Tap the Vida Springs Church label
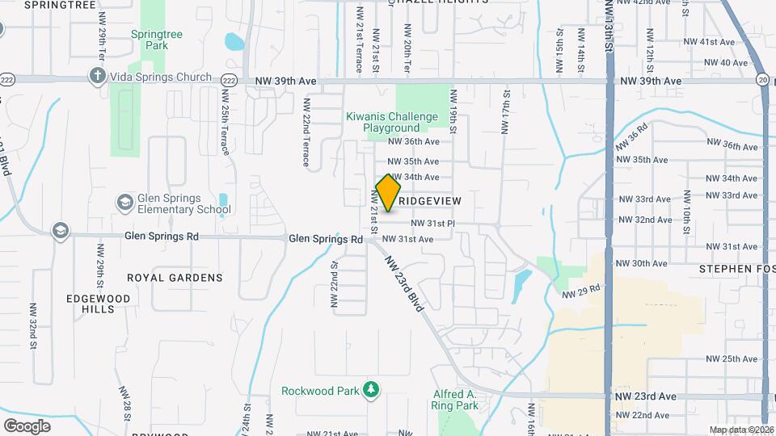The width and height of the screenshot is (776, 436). point(161,77)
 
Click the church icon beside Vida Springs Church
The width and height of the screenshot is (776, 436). point(97,77)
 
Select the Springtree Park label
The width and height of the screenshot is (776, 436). point(150,40)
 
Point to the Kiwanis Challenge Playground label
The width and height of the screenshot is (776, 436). point(392,122)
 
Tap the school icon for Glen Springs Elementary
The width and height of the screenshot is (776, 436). point(124,200)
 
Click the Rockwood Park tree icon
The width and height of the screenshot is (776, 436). point(370,391)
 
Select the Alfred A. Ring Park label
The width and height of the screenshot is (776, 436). point(455,400)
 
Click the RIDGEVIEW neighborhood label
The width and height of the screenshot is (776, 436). point(429,199)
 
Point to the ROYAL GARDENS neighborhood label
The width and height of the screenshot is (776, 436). point(175,278)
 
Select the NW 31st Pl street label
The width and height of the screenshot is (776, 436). point(433,223)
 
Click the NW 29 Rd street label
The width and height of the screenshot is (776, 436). point(582,292)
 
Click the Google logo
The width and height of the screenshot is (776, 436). point(27,426)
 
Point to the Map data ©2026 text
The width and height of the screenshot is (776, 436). point(740,430)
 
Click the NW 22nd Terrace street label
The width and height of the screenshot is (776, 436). point(306,133)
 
